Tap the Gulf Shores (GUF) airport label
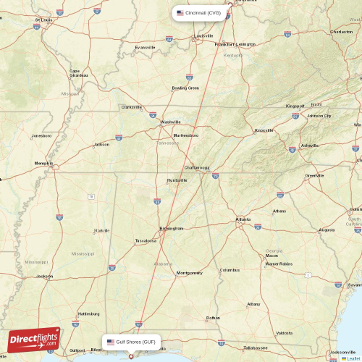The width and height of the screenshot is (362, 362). (131, 342)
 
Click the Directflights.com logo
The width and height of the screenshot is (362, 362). (34, 340)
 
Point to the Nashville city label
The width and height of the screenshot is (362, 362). (172, 122)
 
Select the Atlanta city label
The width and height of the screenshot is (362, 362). (243, 219)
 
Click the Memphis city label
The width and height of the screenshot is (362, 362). (44, 163)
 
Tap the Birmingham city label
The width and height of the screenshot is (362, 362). (172, 228)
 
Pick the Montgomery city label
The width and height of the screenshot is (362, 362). (190, 273)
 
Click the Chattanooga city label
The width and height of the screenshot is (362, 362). (197, 167)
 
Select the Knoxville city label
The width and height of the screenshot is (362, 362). (264, 130)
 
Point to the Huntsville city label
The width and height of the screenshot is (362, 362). (177, 180)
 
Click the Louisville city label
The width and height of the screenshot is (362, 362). (203, 35)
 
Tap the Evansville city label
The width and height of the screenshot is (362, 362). (145, 47)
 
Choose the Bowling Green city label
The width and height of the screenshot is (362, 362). (185, 88)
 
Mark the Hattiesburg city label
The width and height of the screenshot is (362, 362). (88, 313)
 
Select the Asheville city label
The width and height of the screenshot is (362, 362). (309, 145)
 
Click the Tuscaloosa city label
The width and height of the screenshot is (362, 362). (146, 241)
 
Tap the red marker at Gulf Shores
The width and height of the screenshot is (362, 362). (130, 355)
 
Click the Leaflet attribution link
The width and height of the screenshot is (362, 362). (353, 358)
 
